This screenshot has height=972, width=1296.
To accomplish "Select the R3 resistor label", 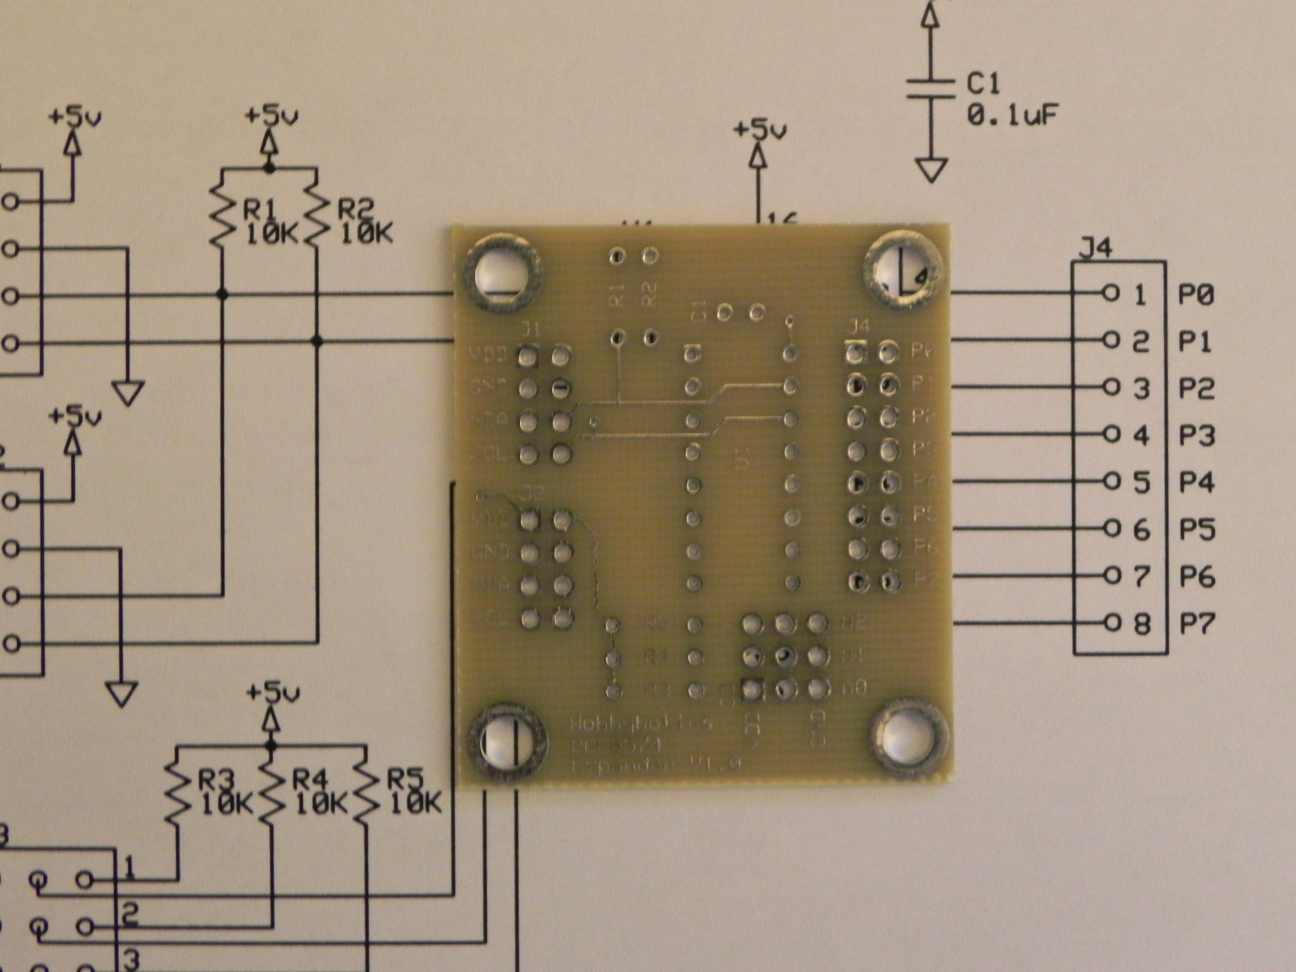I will click(x=216, y=781).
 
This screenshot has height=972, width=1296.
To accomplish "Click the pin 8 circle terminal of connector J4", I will click(x=1110, y=622).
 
